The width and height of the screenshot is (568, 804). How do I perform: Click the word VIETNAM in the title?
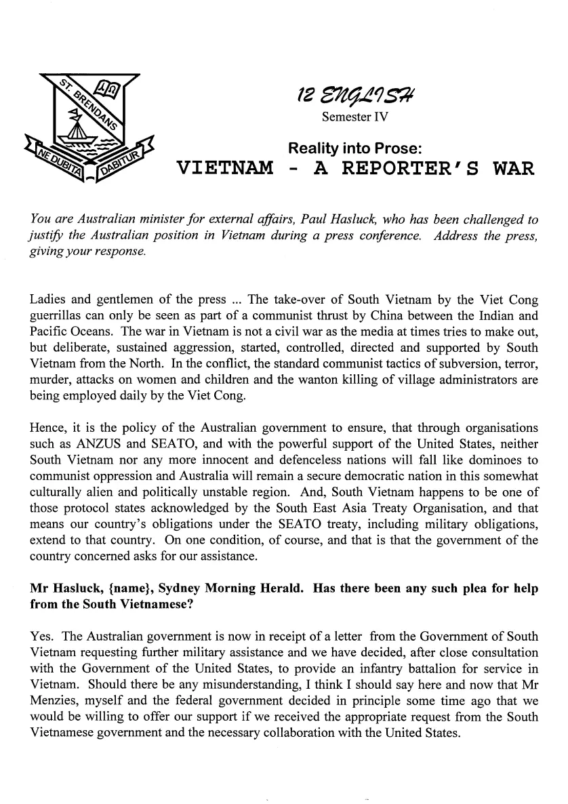(224, 168)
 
